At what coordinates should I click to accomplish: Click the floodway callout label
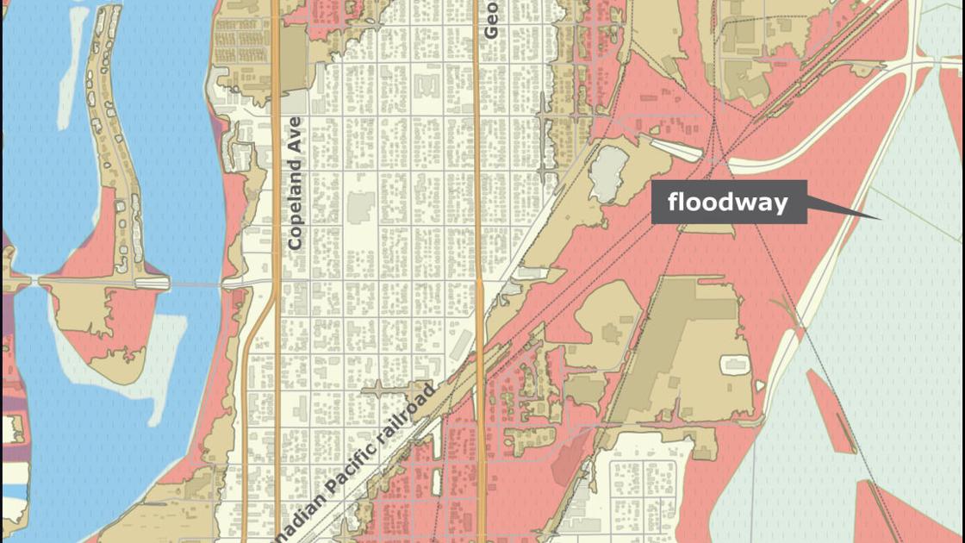coord(728,203)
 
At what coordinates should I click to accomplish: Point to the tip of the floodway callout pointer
coord(881,219)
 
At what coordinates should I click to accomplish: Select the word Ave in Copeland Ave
coord(296,134)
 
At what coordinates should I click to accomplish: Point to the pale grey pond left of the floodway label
coord(610,172)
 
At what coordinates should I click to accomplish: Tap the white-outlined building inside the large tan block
coord(736,365)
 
